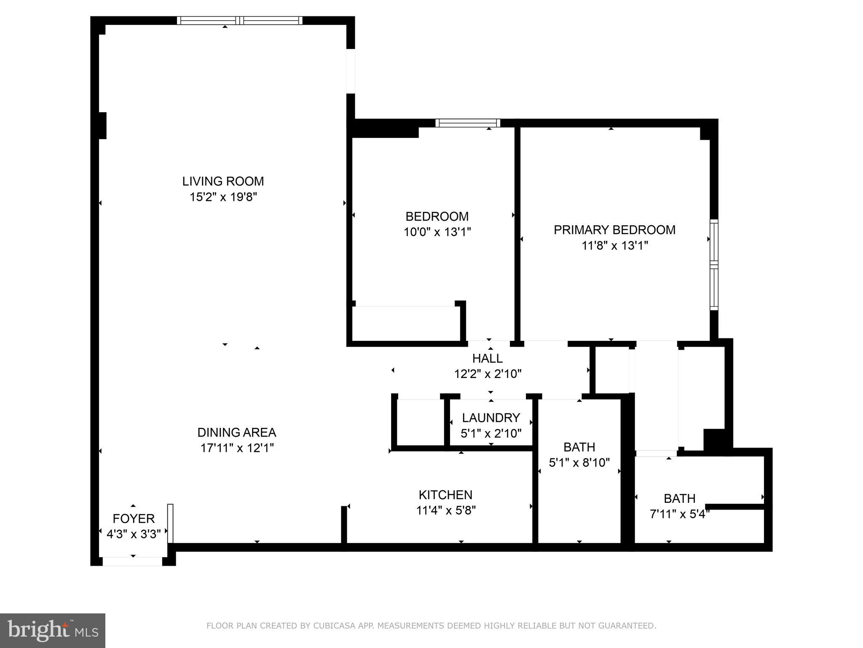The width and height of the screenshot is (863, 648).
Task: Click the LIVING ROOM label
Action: coord(223,181)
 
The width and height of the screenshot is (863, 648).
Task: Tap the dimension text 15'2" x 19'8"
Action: coord(223,197)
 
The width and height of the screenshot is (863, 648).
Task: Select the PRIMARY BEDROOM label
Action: coord(614,230)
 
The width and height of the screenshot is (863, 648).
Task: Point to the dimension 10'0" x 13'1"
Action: coord(437,232)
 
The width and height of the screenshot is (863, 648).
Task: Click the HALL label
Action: coord(487,359)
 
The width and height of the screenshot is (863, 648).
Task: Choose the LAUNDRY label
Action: coord(490,418)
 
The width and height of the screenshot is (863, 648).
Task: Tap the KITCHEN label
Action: coord(445,495)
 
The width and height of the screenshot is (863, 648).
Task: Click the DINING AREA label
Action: coord(236,432)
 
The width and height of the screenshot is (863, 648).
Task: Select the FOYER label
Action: coord(134,519)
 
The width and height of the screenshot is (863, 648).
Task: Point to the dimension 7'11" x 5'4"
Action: coord(679,514)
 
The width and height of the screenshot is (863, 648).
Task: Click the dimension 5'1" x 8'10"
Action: coord(579,463)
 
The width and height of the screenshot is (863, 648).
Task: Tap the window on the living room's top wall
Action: coord(239,20)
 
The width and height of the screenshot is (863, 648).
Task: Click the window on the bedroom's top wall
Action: coord(468,123)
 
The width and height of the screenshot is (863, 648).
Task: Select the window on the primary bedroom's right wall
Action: coord(714,265)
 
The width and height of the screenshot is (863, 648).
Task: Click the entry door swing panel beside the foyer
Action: coord(170,523)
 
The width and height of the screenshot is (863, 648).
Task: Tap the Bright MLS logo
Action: coord(52,630)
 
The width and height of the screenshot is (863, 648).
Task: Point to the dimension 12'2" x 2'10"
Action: coord(488,374)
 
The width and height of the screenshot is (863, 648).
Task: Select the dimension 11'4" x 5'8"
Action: coord(446,510)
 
